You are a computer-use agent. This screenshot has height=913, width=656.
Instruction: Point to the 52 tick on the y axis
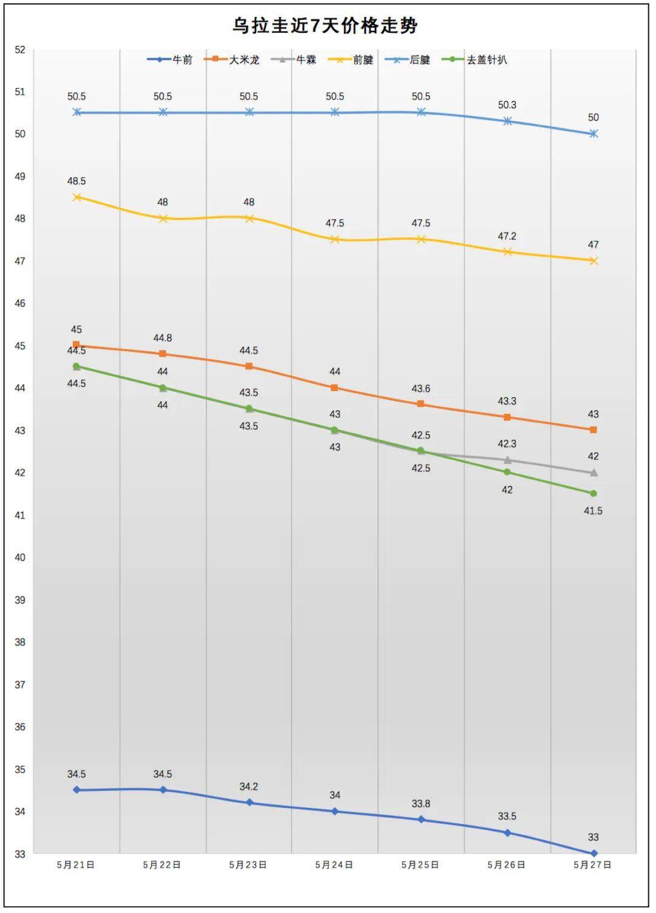pos(20,50)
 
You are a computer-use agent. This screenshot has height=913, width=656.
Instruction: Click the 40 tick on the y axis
pos(20,558)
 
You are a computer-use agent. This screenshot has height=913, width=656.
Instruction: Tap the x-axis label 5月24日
pos(334,864)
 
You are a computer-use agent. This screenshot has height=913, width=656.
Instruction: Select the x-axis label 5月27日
pos(592,864)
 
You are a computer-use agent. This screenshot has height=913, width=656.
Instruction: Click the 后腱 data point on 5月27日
pos(593,134)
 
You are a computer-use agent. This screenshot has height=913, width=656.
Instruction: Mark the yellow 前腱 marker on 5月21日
pos(77,197)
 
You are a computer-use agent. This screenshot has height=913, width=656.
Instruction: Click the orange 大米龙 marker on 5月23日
pos(249,366)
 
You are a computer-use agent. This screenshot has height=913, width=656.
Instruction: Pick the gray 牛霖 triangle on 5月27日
pos(593,473)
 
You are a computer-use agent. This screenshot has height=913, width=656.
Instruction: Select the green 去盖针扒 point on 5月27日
pos(593,493)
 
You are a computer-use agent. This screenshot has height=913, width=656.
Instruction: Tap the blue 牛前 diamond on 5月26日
pos(507,833)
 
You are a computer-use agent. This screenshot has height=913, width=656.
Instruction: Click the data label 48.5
pos(77,181)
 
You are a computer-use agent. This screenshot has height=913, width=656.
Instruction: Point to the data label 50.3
pos(507,105)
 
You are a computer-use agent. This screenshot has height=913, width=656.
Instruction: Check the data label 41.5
pos(593,511)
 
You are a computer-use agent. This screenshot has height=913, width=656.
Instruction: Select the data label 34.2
pos(248,787)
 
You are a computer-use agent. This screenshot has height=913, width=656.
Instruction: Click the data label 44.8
pos(162,338)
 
